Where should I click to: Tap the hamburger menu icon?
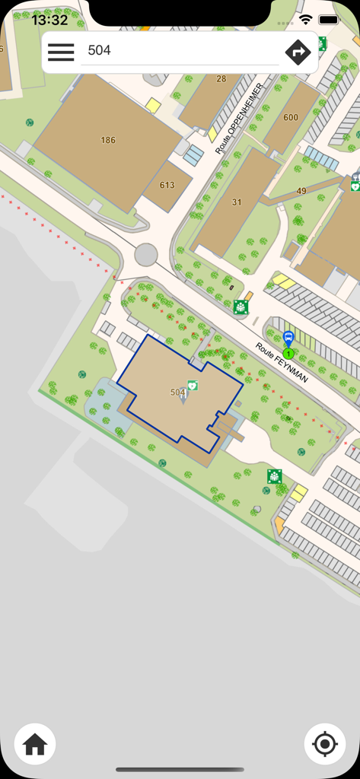tap(61, 52)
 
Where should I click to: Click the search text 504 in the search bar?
tap(100, 50)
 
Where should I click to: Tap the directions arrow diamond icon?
tap(298, 52)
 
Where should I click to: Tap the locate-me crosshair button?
tap(325, 744)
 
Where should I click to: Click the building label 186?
tap(108, 140)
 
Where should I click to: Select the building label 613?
tap(167, 185)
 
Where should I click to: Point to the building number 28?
tap(221, 78)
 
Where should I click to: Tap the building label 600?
tap(291, 117)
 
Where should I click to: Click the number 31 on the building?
tap(237, 202)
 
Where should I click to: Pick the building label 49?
tap(301, 191)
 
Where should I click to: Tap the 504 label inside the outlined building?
tap(178, 392)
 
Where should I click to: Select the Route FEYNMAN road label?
tap(282, 362)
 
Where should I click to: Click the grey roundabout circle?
tap(146, 255)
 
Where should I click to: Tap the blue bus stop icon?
tap(288, 338)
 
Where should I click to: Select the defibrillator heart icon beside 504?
tap(193, 386)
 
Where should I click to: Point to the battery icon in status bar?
tap(329, 19)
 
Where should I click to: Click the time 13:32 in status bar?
tap(50, 20)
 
